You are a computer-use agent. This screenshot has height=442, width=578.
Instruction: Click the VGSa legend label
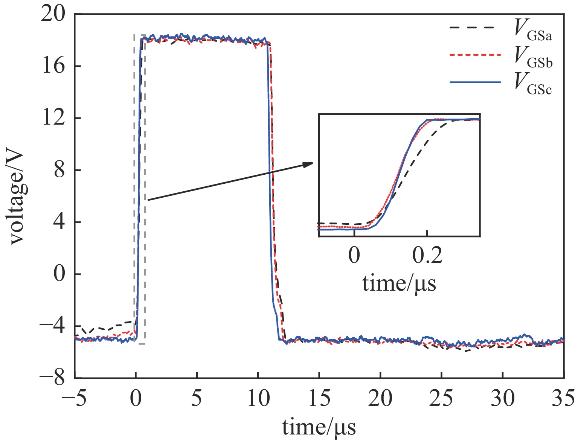tap(533, 31)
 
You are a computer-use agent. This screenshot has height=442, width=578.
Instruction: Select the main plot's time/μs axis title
tap(319, 427)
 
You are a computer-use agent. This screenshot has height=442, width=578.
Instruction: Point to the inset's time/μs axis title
tap(399, 283)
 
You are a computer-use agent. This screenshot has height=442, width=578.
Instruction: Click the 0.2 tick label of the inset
tap(427, 256)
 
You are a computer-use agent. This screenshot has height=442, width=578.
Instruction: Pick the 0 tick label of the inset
tap(354, 256)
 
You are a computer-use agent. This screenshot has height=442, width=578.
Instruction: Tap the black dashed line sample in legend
tap(475, 28)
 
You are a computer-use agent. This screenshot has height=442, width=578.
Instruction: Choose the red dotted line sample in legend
tap(475, 55)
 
